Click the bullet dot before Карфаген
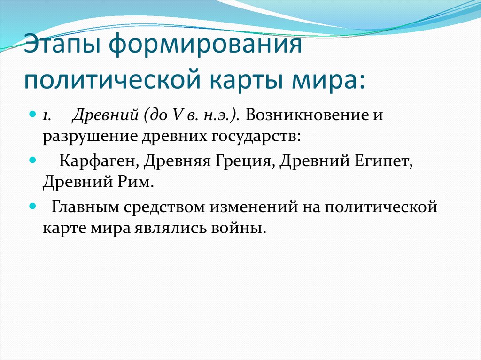[x=33, y=160]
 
